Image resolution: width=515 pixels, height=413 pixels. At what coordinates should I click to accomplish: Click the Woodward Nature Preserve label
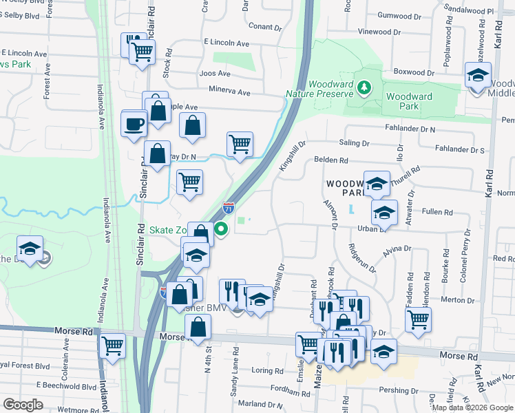click(321, 88)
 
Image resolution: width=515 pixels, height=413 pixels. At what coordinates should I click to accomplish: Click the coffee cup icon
click(134, 125)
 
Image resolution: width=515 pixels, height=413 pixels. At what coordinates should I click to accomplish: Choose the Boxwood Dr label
click(413, 72)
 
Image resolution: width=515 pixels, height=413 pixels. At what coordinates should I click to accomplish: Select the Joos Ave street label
click(214, 73)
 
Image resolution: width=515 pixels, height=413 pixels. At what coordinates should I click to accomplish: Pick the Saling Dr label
click(355, 142)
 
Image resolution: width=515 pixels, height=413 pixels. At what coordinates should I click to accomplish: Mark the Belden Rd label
click(332, 160)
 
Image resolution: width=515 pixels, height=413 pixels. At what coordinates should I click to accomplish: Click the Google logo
click(23, 405)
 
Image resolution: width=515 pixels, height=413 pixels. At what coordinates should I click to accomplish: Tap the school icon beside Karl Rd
click(477, 76)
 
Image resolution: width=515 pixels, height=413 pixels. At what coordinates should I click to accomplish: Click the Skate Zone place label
click(169, 229)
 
